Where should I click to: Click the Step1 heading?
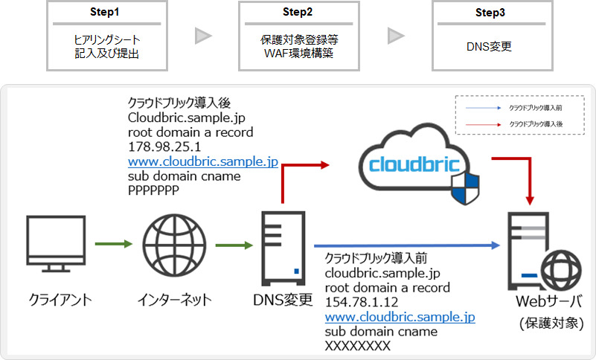93,13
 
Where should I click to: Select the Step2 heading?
287,13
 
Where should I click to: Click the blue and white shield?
463,187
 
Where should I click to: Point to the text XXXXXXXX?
359,346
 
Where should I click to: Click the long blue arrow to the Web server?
406,244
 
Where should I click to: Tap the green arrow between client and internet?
113,243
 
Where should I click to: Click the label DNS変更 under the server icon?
283,300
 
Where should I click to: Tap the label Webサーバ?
549,303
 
